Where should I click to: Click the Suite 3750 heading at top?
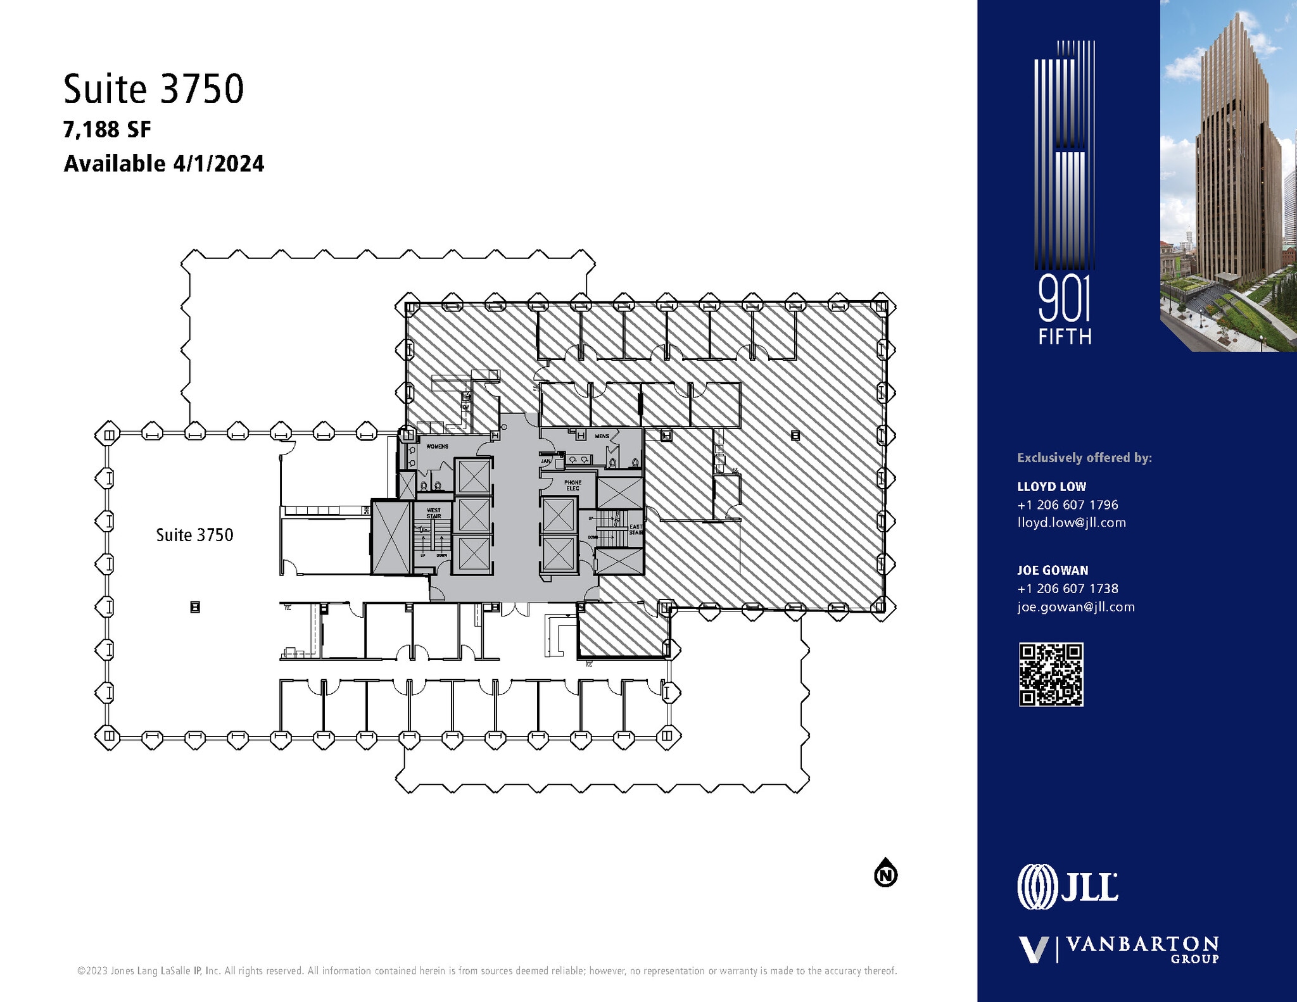[153, 89]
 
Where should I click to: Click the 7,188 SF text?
[107, 130]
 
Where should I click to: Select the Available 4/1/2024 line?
[163, 164]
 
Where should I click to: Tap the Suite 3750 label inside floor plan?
[194, 535]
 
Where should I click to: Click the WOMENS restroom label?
[437, 446]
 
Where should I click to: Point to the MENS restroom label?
[602, 436]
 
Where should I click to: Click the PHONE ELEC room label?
[573, 485]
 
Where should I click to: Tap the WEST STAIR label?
[434, 513]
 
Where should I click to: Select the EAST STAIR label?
[635, 529]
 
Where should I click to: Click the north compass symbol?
[885, 874]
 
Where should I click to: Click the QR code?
[1051, 674]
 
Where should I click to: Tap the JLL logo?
[1067, 886]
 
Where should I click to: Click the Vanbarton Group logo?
[1118, 949]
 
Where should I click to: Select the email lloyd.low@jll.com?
[1071, 523]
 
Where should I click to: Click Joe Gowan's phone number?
[1067, 589]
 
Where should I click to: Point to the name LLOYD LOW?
[1051, 487]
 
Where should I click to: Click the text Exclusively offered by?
[1084, 458]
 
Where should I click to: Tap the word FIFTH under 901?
[1065, 337]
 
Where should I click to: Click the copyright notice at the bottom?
[486, 971]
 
